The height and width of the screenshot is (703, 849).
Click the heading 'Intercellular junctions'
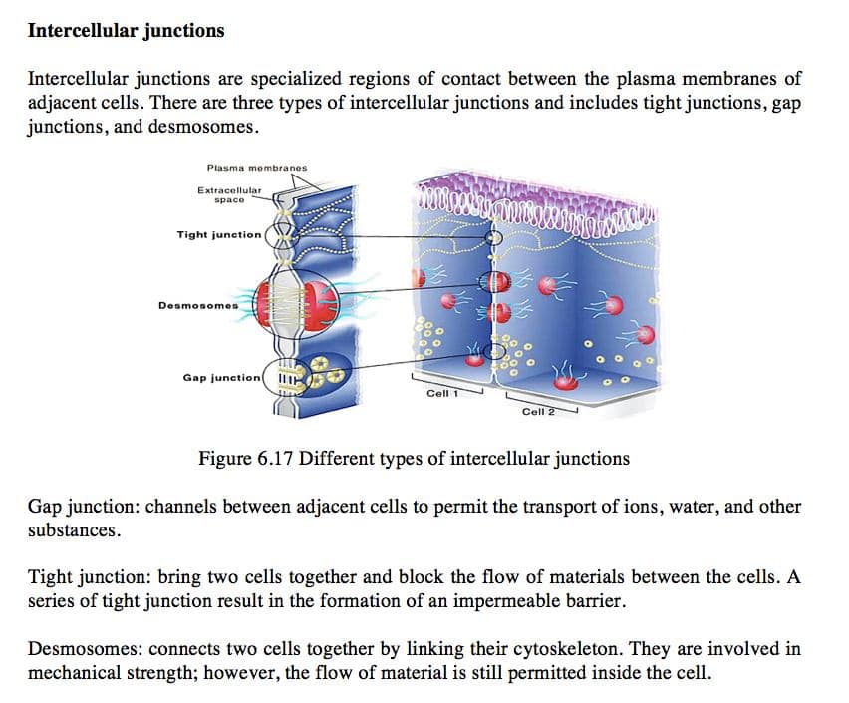[126, 30]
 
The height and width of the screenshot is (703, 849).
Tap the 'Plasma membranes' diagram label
[257, 168]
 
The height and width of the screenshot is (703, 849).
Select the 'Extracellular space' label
[229, 194]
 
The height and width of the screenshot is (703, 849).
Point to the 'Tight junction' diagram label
[219, 235]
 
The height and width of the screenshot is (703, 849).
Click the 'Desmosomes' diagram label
[198, 305]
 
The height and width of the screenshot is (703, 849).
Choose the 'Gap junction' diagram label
[222, 378]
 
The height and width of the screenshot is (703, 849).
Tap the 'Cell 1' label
[440, 393]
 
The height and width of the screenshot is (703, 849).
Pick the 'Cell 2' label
[536, 411]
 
